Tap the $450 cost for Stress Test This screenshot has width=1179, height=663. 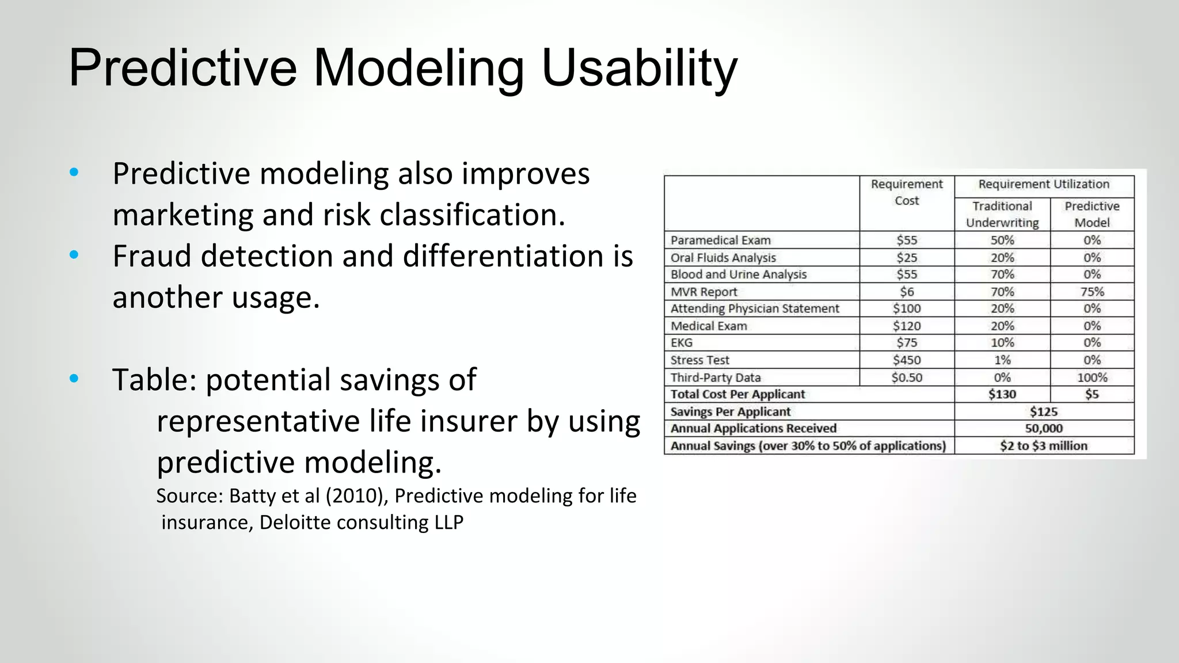point(907,360)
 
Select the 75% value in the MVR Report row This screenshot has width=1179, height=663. point(1091,292)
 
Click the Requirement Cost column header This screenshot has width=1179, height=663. point(907,192)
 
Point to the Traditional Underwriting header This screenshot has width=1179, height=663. point(1002,214)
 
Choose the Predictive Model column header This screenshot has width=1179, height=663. point(1091,214)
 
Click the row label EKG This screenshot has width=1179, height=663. point(682,343)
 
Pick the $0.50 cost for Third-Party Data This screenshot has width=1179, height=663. point(907,378)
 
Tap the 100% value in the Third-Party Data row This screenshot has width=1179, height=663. point(1091,378)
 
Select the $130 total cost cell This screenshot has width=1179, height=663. point(1002,394)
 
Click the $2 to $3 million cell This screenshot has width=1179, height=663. point(1044,446)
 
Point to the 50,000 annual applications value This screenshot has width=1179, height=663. point(1044,428)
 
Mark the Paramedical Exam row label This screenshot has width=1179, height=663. point(720,241)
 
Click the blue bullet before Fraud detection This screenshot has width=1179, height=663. point(74,254)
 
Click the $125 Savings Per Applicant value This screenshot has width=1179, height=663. point(1044,411)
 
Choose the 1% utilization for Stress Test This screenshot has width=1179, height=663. point(1002,360)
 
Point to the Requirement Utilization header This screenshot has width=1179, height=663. point(1044,184)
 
